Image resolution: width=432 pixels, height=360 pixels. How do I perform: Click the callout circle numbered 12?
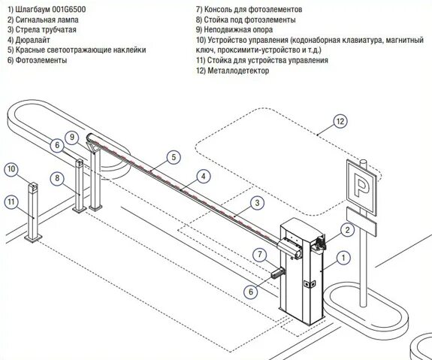[340, 121]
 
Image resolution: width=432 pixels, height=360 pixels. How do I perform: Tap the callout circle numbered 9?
[71, 137]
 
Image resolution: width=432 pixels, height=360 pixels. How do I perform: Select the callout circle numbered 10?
[11, 170]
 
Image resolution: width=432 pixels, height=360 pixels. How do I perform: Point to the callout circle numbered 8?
[56, 178]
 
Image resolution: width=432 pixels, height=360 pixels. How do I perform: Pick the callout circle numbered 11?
[11, 201]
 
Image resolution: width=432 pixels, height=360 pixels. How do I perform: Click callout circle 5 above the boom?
[173, 157]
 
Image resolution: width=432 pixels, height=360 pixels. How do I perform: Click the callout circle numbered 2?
[346, 230]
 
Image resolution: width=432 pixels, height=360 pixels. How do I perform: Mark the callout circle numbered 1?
[343, 259]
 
